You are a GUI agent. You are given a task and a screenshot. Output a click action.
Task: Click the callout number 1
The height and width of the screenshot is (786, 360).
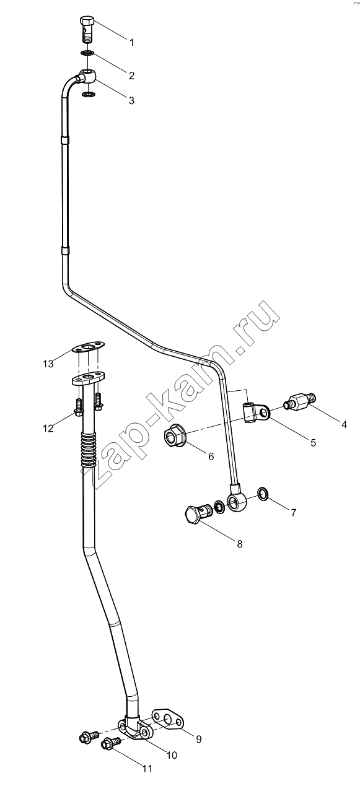(x=132, y=43)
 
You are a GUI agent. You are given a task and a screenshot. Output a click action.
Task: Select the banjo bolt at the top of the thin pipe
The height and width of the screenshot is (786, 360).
(x=87, y=28)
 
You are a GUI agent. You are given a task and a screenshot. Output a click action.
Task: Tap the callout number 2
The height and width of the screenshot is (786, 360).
(x=131, y=76)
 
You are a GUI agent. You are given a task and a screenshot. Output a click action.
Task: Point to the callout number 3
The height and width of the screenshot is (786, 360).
(x=131, y=101)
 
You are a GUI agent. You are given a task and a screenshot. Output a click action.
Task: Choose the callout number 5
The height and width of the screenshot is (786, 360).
(x=314, y=442)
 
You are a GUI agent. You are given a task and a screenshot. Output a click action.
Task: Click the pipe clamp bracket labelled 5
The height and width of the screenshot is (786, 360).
(x=255, y=413)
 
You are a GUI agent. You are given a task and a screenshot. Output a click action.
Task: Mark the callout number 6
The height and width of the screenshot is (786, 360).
(x=211, y=456)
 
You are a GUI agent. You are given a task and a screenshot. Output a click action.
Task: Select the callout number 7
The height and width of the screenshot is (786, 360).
(x=294, y=512)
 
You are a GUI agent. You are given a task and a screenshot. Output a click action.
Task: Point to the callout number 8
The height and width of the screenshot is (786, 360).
(x=240, y=544)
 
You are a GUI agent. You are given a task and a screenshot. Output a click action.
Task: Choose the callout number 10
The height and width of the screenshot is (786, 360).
(x=172, y=755)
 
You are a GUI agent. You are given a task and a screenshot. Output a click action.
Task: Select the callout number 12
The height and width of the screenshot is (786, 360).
(x=48, y=428)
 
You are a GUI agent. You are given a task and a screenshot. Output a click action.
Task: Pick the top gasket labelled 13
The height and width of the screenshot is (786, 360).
(x=88, y=348)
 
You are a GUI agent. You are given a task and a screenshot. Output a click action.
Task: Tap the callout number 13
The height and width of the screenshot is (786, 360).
(x=48, y=364)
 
